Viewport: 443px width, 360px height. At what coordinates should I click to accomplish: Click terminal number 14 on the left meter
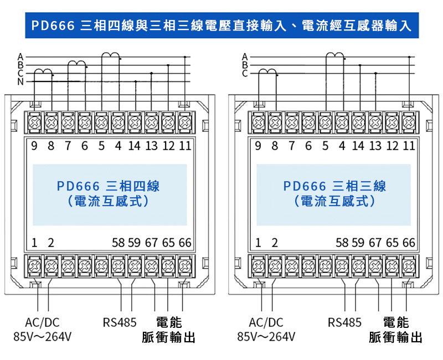pos(134,146)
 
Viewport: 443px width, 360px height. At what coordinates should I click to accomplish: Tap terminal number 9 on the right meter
pos(257,146)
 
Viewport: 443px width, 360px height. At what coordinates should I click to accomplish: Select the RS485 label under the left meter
pos(120,322)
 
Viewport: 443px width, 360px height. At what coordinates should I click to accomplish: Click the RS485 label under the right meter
pos(344,322)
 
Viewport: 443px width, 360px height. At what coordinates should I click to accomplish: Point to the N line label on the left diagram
pos(20,81)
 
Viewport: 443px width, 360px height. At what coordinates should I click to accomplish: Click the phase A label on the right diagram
pos(245,57)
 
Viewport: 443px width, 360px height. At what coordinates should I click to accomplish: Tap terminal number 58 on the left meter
pos(118,243)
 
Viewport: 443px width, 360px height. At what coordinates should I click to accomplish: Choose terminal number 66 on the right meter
pos(409,243)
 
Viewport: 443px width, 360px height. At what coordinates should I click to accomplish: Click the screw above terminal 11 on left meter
pos(185,122)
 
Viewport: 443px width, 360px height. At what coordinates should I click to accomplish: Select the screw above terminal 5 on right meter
pos(325,122)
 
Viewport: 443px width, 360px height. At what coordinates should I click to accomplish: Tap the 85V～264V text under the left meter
pos(43,337)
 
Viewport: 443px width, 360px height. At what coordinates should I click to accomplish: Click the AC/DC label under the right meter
pos(266,322)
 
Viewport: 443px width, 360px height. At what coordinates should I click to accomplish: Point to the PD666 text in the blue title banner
pos(53,25)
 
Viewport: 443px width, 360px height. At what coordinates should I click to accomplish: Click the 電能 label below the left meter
pos(169,322)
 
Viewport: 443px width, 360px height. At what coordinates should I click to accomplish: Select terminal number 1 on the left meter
pos(34,243)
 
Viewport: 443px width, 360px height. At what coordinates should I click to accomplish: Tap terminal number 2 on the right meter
pos(275,243)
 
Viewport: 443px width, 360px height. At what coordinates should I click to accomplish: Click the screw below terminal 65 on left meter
pos(168,266)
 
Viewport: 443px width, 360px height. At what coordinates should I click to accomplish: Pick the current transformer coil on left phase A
pos(110,55)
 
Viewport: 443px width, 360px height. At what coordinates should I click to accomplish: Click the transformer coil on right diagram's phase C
pos(267,72)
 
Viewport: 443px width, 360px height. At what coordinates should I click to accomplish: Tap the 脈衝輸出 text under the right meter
pos(395,337)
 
